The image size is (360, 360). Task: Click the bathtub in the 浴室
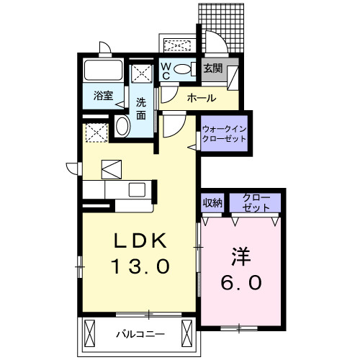[104, 71]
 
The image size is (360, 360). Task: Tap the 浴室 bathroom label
[103, 95]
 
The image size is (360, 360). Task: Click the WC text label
[166, 71]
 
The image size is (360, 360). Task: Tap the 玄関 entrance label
[212, 69]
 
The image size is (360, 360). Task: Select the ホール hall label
[201, 96]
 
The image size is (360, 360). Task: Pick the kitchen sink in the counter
[137, 189]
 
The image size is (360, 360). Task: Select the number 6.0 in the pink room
[241, 283]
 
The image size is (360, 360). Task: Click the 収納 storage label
[212, 202]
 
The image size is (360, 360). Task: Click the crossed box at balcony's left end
[90, 334]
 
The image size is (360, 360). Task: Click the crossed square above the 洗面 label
[141, 75]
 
